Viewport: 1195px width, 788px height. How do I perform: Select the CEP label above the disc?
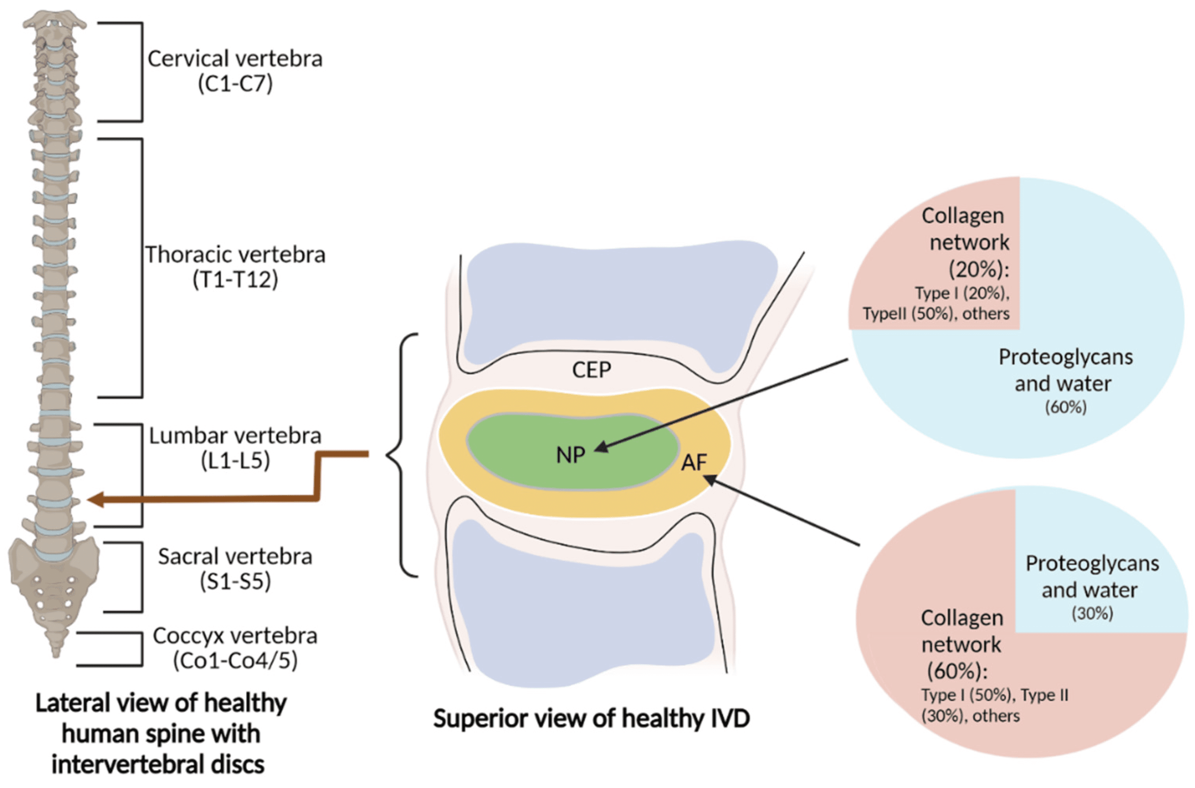592,370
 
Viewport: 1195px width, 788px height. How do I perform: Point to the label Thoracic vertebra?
235,255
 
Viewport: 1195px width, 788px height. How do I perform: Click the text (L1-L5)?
235,460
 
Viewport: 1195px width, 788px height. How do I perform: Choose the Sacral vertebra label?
235,557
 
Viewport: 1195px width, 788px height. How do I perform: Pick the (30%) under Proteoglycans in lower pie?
1092,613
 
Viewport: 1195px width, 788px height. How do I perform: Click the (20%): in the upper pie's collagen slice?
979,270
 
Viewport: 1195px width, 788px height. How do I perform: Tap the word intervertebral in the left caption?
157,764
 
